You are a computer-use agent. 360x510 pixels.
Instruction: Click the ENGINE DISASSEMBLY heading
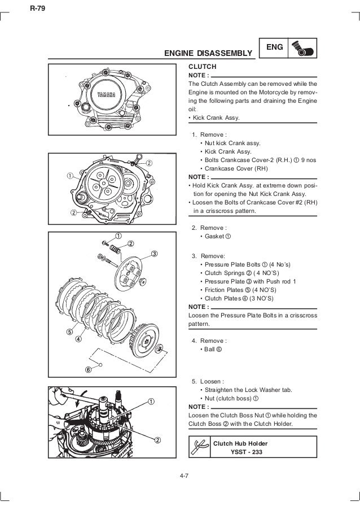click(x=208, y=54)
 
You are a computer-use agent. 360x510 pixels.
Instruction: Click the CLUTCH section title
click(x=201, y=66)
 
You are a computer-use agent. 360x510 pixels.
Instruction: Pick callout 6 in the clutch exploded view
click(x=88, y=370)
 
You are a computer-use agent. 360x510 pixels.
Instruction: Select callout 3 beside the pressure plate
click(x=153, y=252)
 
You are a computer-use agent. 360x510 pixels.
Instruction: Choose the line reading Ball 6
click(x=211, y=350)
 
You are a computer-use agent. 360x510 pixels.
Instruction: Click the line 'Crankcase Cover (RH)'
click(x=236, y=168)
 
